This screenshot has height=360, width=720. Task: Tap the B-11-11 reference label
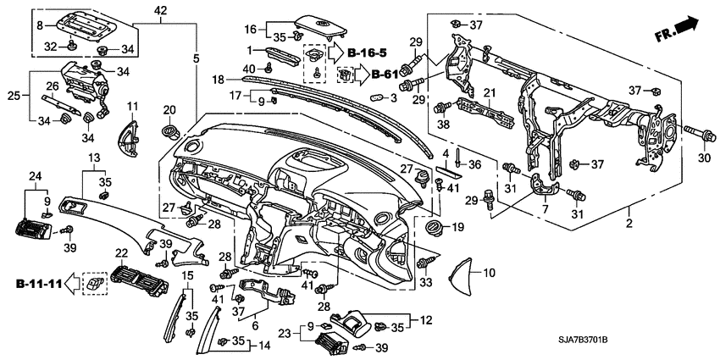click(39, 282)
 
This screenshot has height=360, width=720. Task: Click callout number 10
click(488, 273)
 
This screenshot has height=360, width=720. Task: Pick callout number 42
click(161, 9)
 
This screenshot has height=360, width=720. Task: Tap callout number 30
click(702, 158)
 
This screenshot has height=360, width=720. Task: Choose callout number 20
click(169, 109)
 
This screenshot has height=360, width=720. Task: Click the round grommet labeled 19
click(435, 227)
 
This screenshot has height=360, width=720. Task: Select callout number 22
click(121, 252)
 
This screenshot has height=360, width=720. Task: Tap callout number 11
click(132, 105)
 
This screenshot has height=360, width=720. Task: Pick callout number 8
click(38, 25)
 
